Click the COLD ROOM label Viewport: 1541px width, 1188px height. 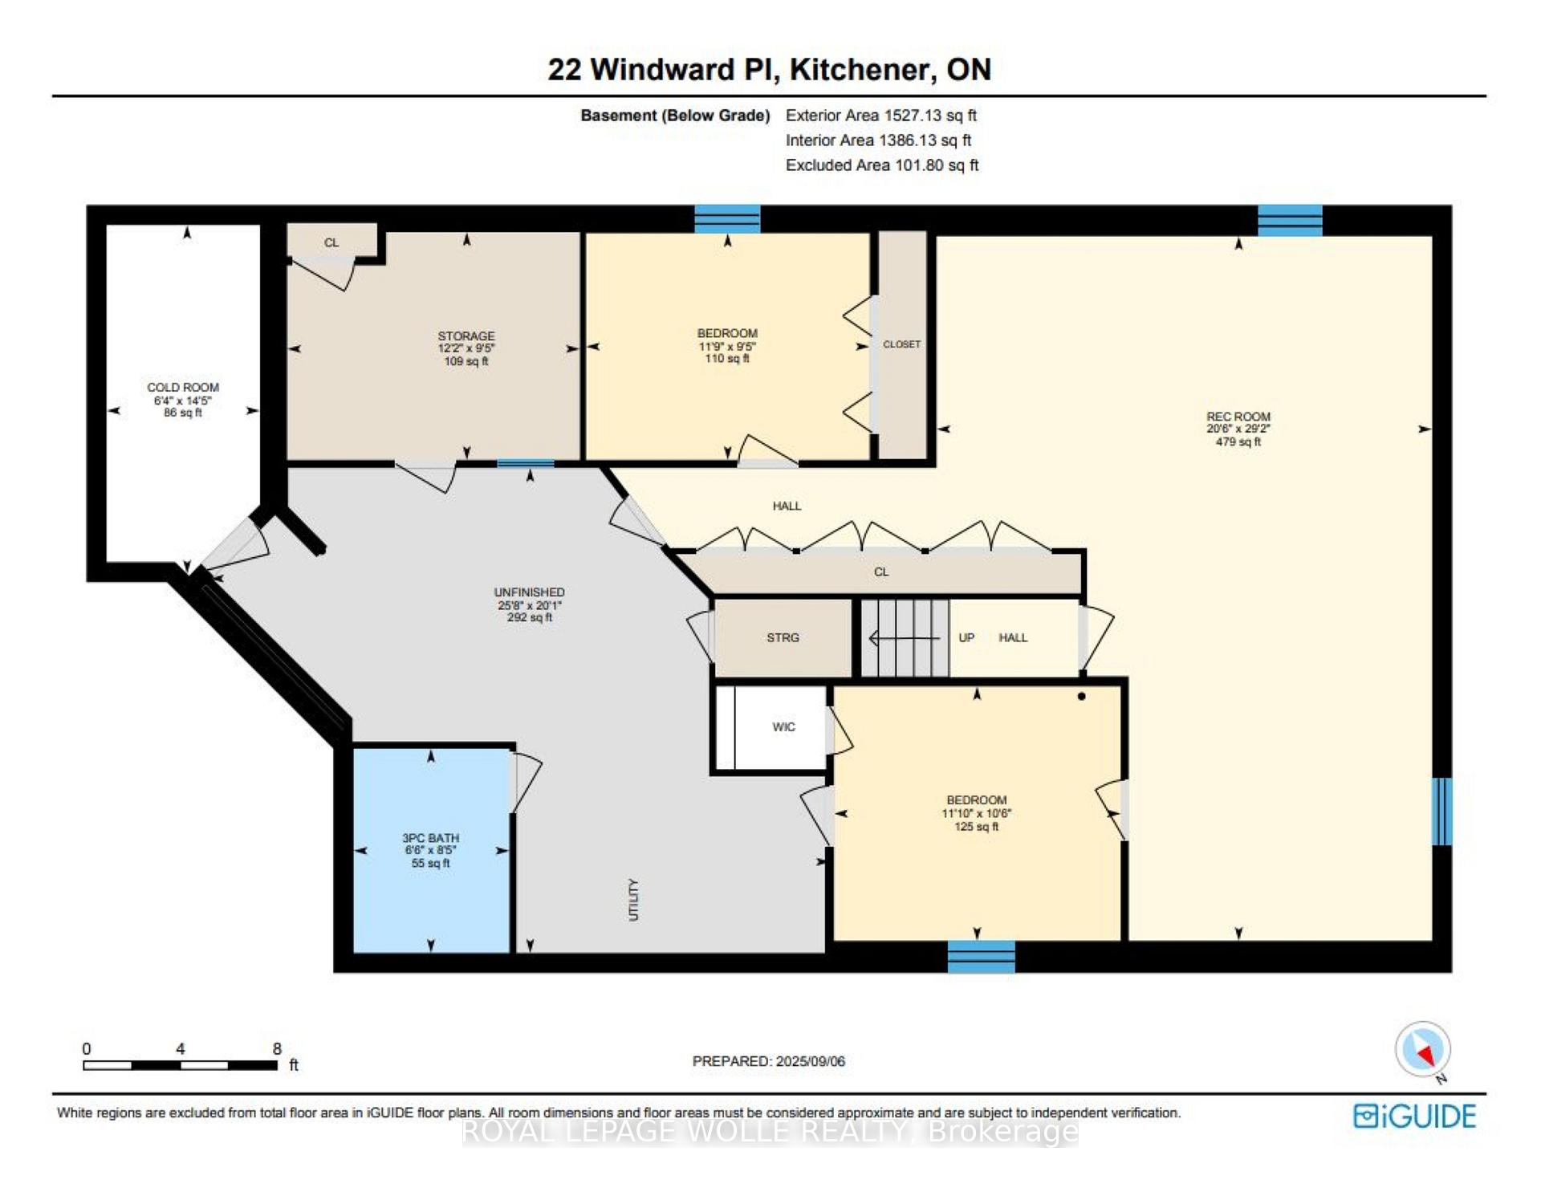pyautogui.click(x=183, y=387)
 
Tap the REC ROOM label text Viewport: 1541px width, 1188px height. pyautogui.click(x=1238, y=417)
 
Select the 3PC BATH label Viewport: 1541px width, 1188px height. pyautogui.click(x=431, y=838)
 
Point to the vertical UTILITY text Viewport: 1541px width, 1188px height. pyautogui.click(x=633, y=900)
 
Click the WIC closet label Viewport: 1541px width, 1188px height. pyautogui.click(x=783, y=727)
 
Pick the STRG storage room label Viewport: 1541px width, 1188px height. pyautogui.click(x=783, y=637)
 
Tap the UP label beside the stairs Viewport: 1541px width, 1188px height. pyautogui.click(x=966, y=637)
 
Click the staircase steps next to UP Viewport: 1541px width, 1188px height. pyautogui.click(x=905, y=638)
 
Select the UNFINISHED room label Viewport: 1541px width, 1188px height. pyautogui.click(x=529, y=592)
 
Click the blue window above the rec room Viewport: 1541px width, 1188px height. pyautogui.click(x=1290, y=220)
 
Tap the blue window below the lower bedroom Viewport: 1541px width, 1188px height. pyautogui.click(x=981, y=957)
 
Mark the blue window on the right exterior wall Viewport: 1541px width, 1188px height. pyautogui.click(x=1442, y=812)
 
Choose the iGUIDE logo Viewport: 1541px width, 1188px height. pyautogui.click(x=1414, y=1117)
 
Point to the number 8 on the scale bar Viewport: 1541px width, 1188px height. pyautogui.click(x=277, y=1048)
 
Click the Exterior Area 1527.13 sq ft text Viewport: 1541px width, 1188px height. pyautogui.click(x=881, y=116)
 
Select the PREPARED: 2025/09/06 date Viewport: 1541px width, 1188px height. pyautogui.click(x=769, y=1061)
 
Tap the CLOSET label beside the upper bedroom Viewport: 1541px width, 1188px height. pyautogui.click(x=901, y=344)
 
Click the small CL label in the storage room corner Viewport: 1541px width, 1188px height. pyautogui.click(x=331, y=242)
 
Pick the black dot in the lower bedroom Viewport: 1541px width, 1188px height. pyautogui.click(x=1081, y=697)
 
